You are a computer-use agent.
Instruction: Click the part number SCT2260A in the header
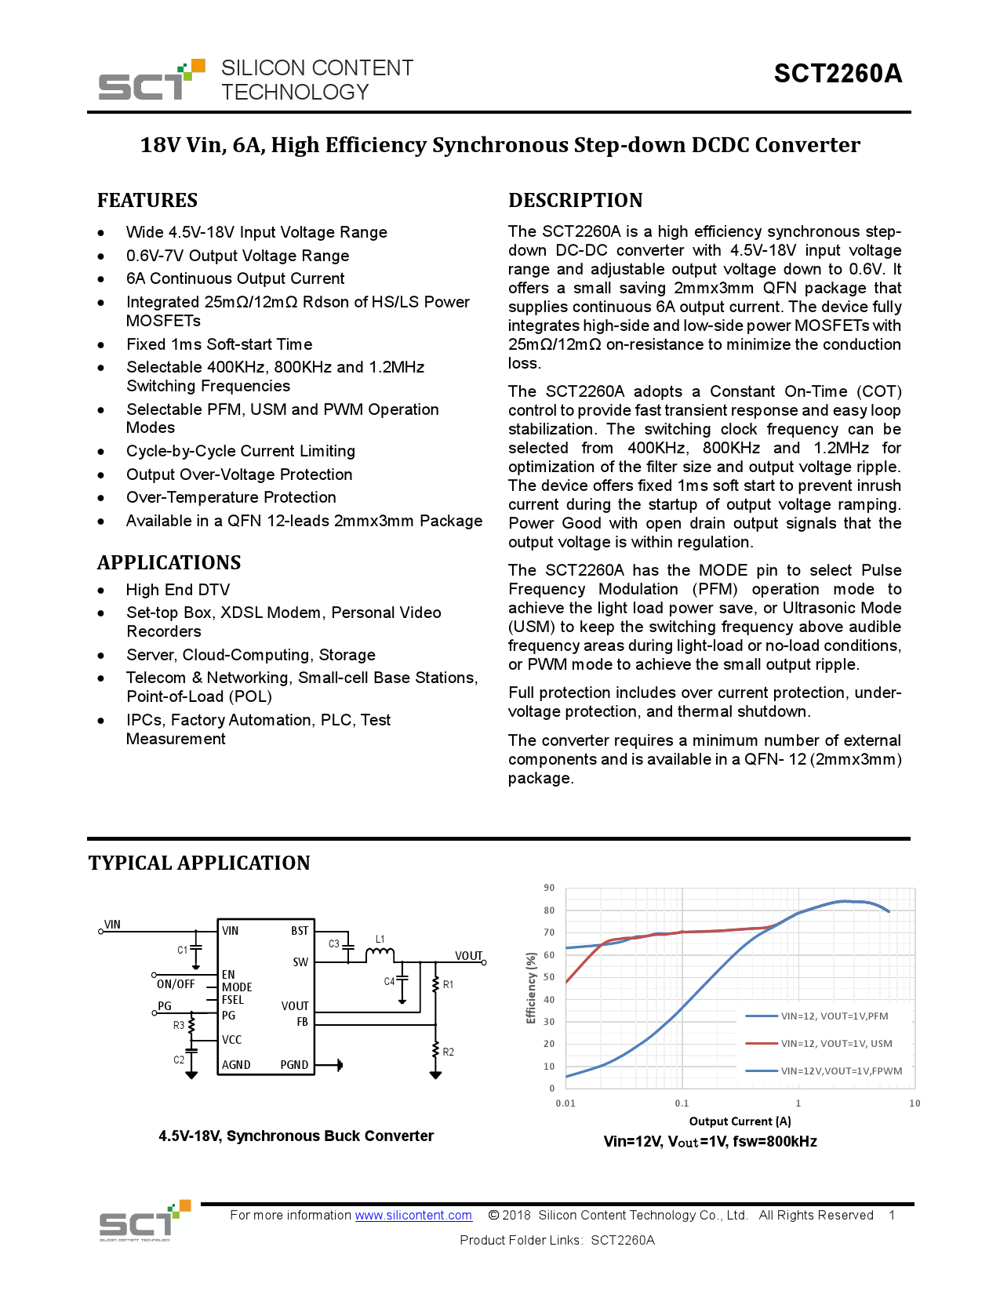837,74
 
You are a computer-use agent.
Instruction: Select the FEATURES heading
147,201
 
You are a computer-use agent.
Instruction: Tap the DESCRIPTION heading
575,201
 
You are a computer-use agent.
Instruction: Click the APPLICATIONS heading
169,563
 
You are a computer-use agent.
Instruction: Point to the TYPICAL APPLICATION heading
199,863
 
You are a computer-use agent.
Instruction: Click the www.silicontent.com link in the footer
413,1216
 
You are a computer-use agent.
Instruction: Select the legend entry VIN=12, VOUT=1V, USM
836,1044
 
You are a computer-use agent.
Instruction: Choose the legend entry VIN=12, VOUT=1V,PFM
835,1016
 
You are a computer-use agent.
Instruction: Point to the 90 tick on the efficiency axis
549,888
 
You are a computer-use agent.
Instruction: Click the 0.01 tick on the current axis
565,1103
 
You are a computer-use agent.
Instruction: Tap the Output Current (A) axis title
740,1121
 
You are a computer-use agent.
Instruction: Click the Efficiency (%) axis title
531,988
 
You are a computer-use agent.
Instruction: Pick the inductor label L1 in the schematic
380,940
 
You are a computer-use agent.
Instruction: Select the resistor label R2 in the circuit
449,1052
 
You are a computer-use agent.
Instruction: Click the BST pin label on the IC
300,932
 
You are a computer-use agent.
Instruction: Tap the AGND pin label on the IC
236,1065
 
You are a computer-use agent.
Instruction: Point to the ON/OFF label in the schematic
176,984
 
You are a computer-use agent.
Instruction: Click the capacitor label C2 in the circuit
179,1060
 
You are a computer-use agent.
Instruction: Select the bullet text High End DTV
178,591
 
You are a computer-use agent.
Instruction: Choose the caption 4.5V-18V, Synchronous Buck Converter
296,1136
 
